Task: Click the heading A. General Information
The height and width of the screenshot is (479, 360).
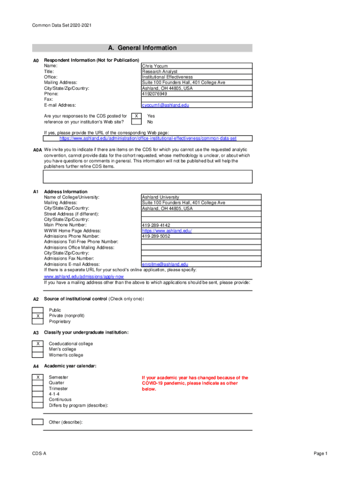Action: [x=142, y=48]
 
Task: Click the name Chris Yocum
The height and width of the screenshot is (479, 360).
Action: [x=155, y=66]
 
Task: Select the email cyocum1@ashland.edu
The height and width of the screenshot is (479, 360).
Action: [x=166, y=106]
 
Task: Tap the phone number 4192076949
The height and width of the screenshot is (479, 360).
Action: [x=154, y=94]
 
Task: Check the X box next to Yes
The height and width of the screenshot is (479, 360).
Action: [x=136, y=116]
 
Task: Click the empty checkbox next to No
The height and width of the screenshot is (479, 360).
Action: [x=136, y=122]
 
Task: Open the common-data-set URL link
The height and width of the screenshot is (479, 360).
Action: [x=148, y=138]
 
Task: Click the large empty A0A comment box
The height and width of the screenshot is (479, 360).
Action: [x=148, y=176]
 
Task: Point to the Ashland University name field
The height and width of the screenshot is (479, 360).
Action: [x=160, y=197]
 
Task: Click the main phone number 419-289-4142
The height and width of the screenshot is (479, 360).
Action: [x=156, y=225]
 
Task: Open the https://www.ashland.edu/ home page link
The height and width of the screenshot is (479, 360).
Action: [x=167, y=231]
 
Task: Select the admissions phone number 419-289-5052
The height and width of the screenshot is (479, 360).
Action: [x=156, y=236]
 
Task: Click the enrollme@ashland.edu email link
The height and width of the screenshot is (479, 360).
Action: [x=165, y=264]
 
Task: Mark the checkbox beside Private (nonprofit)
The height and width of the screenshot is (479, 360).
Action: [x=37, y=316]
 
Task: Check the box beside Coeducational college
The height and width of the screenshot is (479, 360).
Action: [x=37, y=344]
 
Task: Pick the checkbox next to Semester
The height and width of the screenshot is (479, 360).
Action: [x=37, y=377]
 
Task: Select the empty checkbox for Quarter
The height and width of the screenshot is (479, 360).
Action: [x=37, y=383]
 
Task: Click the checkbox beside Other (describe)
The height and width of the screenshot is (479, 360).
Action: [x=37, y=422]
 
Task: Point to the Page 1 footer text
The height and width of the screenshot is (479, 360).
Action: [x=321, y=454]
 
